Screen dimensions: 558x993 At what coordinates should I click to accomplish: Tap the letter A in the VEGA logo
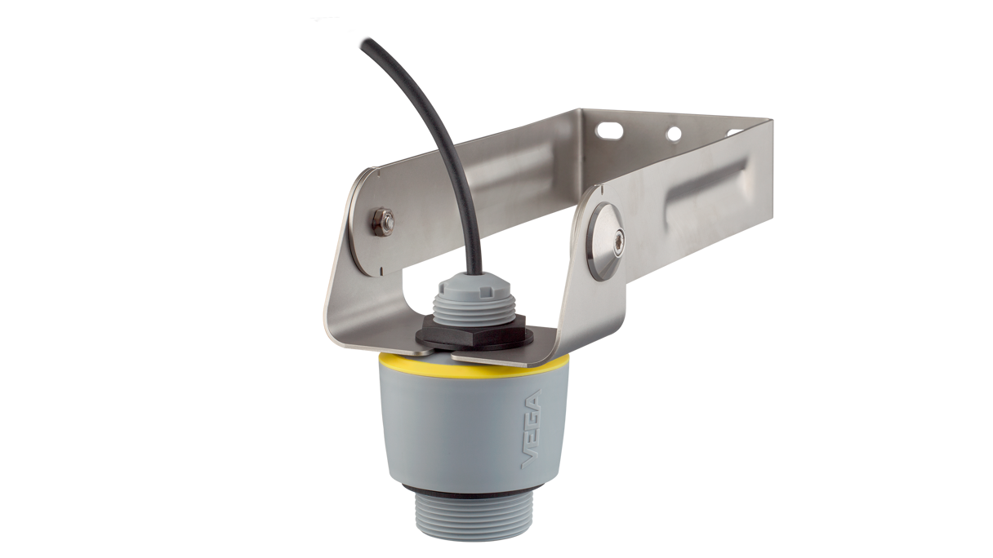533,401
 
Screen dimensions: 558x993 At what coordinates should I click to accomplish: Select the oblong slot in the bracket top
608,128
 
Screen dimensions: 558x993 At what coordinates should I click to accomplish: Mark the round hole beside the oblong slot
673,133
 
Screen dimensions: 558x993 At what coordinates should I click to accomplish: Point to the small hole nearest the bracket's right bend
725,131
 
